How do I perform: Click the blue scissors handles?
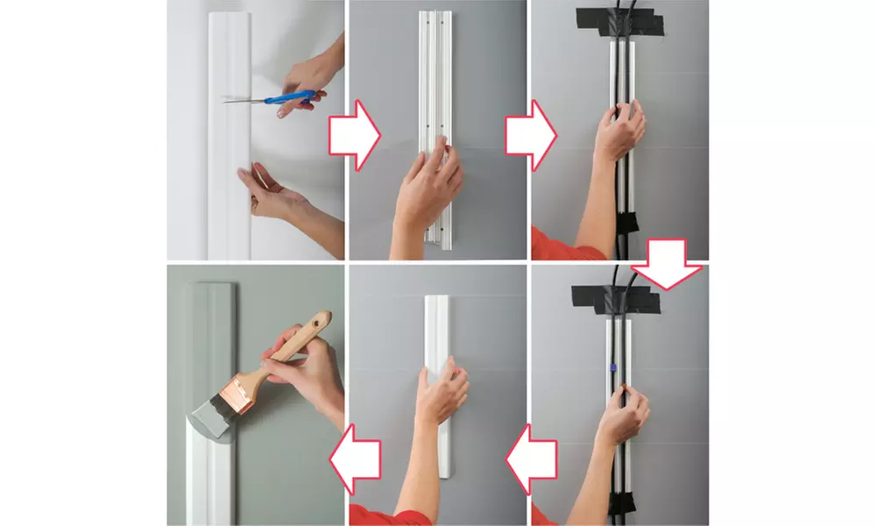click(298, 98)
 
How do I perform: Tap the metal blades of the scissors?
click(249, 99)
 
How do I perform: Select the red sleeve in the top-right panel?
click(556, 245)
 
